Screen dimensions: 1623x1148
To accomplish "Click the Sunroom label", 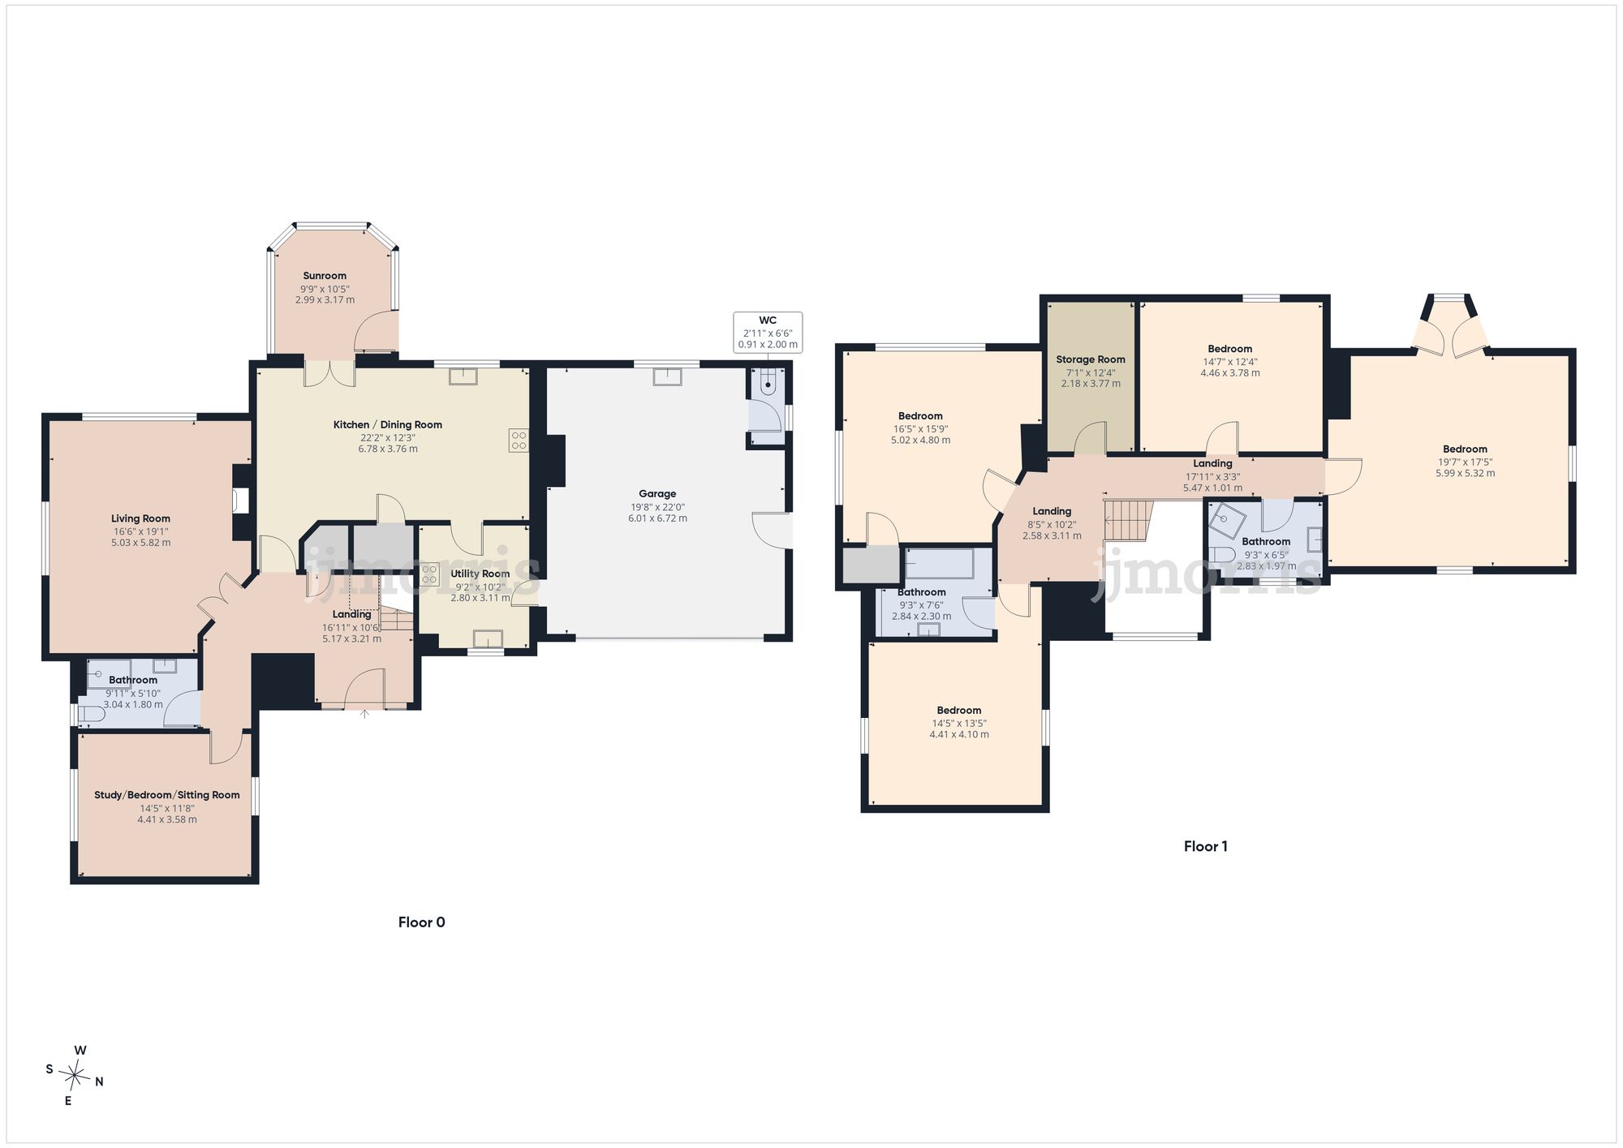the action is [x=325, y=276].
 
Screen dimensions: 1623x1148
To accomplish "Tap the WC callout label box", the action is [x=768, y=333].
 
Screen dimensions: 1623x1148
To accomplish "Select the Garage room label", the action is [x=657, y=493].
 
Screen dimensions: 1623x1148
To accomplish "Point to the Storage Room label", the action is [x=1091, y=359].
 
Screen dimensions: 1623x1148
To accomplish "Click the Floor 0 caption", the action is [x=422, y=922].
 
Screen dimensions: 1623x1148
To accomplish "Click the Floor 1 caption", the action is [x=1206, y=846].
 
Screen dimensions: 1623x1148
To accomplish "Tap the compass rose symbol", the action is [x=75, y=1077].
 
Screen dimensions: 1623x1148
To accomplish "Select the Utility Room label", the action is [x=480, y=574].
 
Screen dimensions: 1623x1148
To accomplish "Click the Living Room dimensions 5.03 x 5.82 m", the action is [x=141, y=543].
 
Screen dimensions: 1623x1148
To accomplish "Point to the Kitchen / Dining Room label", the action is [x=388, y=424].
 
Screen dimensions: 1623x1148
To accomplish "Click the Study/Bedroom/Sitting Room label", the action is [x=167, y=795].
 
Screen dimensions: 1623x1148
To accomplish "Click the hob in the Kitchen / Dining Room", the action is [x=519, y=440].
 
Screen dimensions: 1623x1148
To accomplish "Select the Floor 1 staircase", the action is [x=1129, y=520].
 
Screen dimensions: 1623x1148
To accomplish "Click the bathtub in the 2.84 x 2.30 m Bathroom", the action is [x=939, y=564].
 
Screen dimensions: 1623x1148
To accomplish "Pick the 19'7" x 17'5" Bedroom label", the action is [x=1465, y=449].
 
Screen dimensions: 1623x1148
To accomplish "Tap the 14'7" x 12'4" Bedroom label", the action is [x=1230, y=349].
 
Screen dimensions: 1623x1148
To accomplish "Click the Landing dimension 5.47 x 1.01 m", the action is [x=1212, y=488].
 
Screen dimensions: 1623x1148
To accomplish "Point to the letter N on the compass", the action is [x=99, y=1081].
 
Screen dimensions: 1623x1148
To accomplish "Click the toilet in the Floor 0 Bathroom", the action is [x=90, y=715].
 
